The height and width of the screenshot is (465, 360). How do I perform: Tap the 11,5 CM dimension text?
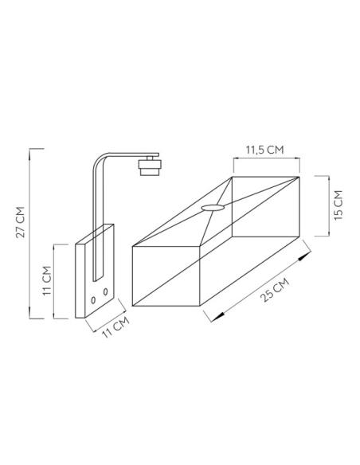click(264, 149)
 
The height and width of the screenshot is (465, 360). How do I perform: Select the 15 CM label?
click(339, 205)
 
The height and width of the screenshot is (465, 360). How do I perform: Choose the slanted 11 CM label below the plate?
click(111, 329)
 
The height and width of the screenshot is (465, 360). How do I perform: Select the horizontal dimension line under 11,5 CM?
click(264, 159)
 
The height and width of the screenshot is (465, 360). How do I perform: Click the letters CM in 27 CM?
click(21, 213)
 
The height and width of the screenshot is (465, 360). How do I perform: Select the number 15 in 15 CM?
click(339, 212)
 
